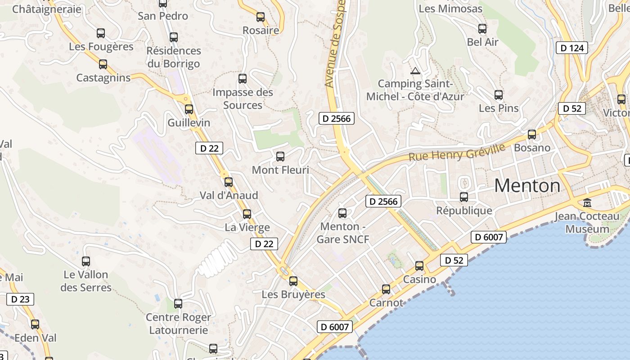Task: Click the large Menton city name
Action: (527, 185)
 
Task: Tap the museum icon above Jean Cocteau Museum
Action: (587, 203)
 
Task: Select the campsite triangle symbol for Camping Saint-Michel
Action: (415, 70)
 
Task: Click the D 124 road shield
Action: (572, 48)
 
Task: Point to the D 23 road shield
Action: (20, 299)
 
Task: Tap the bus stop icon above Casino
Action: (419, 266)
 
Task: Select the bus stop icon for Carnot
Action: (386, 289)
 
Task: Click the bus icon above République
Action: (463, 197)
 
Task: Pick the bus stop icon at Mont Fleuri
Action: (280, 157)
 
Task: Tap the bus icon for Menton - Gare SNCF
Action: (342, 213)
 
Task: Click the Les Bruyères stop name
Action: (293, 294)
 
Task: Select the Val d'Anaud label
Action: (229, 195)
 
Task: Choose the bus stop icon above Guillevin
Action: (189, 109)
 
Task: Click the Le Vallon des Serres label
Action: (85, 281)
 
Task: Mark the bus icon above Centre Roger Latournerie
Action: (178, 304)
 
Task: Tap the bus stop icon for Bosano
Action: (532, 134)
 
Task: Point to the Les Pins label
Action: (499, 108)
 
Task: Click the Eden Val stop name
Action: (36, 337)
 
